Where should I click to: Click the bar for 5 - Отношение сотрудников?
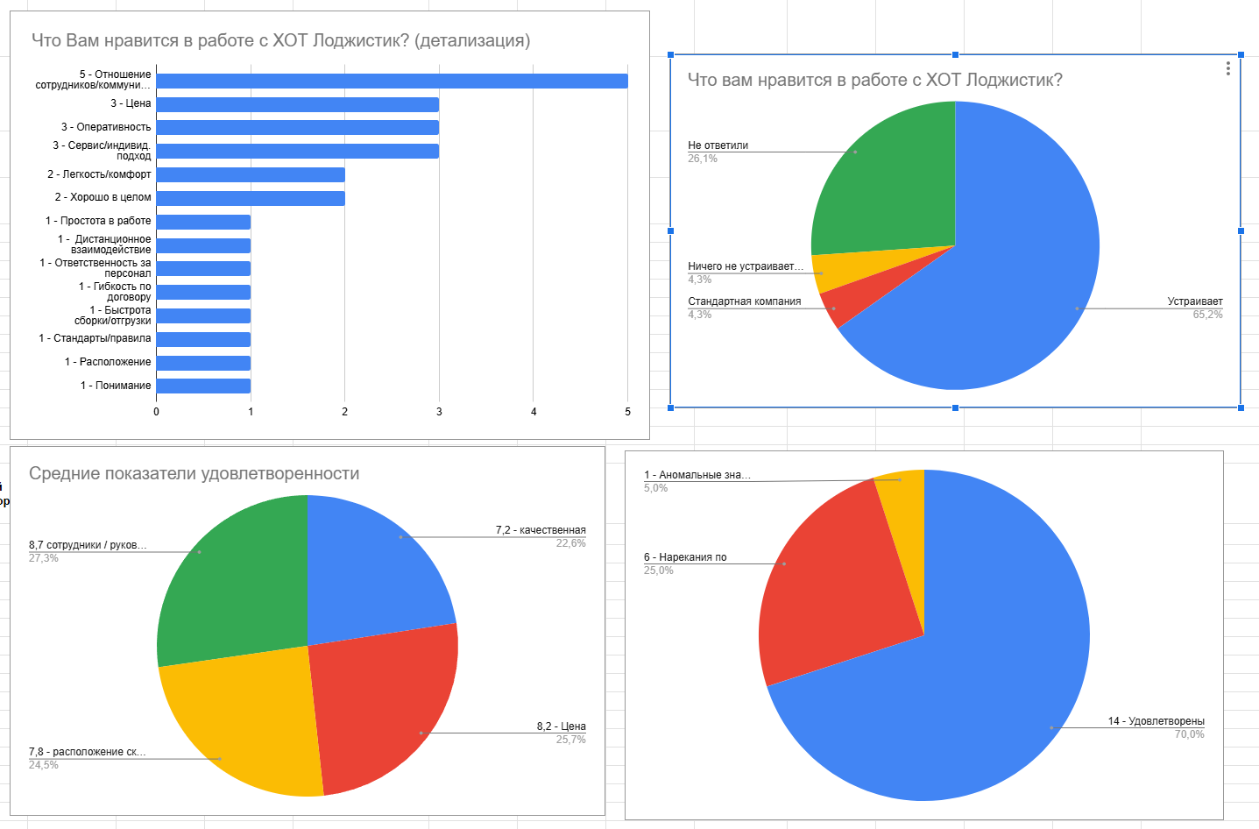coord(392,81)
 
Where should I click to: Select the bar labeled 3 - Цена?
coord(297,104)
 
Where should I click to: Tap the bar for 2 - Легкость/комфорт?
coord(250,174)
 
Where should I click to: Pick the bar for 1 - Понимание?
coord(203,386)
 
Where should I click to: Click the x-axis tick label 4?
coord(534,412)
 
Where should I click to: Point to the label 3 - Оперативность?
coord(106,127)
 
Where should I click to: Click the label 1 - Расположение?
coord(108,362)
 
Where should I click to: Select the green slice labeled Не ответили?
coord(885,184)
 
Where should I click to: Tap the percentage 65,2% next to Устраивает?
coord(1207,315)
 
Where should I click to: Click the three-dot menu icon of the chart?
coord(1228,68)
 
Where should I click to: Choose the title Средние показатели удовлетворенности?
coord(195,474)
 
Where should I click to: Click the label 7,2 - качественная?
coord(541,530)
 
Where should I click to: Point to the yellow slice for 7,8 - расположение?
coord(245,727)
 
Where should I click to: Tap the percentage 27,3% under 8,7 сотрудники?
coord(44,558)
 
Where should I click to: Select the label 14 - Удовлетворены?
coord(1156,721)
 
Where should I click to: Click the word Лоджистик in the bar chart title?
coord(360,40)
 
